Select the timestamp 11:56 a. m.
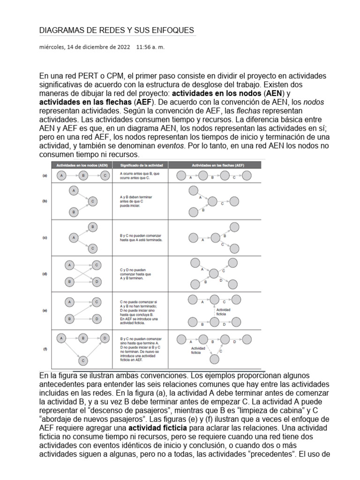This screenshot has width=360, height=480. (150, 47)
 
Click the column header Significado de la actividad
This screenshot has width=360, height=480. (140, 165)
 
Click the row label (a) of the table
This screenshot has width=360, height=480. (45, 176)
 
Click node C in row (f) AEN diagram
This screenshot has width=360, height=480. (83, 360)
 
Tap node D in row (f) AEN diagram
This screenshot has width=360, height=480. (105, 337)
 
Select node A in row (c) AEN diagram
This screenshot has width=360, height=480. (74, 238)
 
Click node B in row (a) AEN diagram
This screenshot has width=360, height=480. (83, 176)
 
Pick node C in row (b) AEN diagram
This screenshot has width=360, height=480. (93, 201)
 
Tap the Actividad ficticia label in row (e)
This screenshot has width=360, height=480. (224, 311)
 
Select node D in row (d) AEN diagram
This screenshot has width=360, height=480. (96, 282)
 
